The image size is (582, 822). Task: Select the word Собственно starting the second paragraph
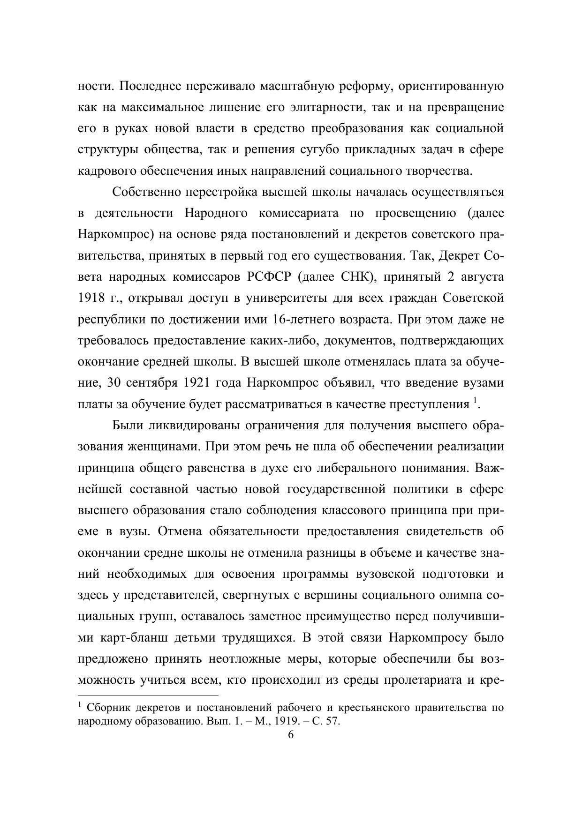[146, 192]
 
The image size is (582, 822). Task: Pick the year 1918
[91, 298]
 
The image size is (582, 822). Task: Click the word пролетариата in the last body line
[423, 680]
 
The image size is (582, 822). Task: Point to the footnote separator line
[148, 695]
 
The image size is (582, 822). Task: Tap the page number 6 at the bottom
[290, 735]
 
